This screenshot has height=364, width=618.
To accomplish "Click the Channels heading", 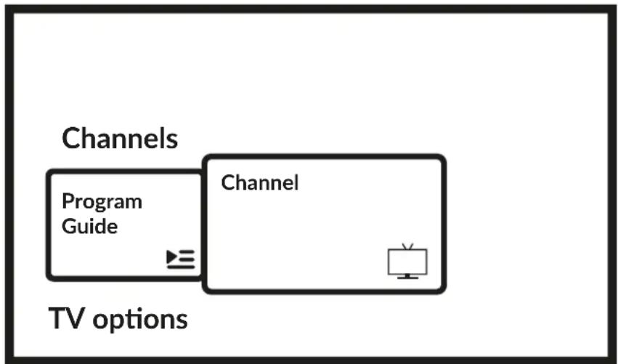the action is click(x=120, y=139).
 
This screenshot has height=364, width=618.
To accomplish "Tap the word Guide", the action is click(x=89, y=227).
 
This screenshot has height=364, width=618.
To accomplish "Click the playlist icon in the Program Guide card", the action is click(x=181, y=259).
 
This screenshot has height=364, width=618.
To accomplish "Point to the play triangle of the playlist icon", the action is click(x=172, y=256).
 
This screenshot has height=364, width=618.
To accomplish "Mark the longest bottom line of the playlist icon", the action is click(x=181, y=267).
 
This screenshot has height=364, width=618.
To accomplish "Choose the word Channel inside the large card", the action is click(x=260, y=183).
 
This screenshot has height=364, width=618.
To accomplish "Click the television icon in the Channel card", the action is click(x=407, y=262).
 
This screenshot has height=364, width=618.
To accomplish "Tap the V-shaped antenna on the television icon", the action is click(x=407, y=246).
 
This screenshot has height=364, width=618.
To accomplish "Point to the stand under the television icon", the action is click(x=407, y=276).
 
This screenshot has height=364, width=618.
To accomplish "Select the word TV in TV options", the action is click(x=66, y=318).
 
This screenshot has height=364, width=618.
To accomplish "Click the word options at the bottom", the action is click(x=140, y=320).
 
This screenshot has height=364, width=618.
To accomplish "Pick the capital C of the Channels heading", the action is click(x=71, y=139).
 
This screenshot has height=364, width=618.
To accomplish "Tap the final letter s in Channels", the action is click(x=173, y=141).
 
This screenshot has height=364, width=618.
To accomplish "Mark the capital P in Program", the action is click(x=68, y=201).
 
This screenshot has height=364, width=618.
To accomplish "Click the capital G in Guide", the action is click(x=70, y=227).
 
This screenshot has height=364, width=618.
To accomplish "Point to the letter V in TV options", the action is click(x=75, y=318).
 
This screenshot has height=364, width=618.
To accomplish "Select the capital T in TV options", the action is click(x=57, y=318).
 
